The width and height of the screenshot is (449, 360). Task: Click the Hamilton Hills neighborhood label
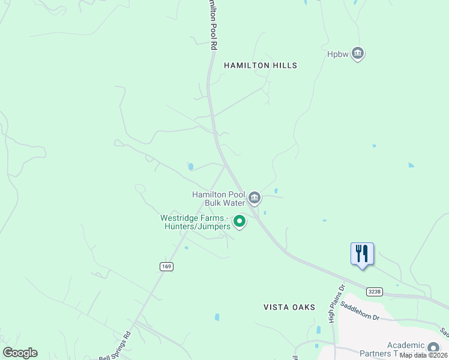(x=261, y=65)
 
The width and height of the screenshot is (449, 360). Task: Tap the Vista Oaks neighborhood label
(x=289, y=307)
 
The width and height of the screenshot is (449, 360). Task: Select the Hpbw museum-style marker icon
(x=358, y=54)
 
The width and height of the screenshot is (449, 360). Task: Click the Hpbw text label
(x=338, y=54)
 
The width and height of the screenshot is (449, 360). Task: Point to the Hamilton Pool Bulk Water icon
(x=255, y=197)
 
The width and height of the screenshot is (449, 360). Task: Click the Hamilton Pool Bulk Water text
(x=218, y=199)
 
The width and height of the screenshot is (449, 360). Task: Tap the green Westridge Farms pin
(x=240, y=222)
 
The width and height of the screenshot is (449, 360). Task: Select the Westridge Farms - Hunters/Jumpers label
(x=195, y=222)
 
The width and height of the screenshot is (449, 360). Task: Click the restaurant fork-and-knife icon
(x=362, y=253)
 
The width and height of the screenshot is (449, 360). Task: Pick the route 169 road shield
(x=167, y=266)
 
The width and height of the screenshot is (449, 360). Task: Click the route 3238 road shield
(x=374, y=292)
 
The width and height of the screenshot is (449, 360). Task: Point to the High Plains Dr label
(x=336, y=304)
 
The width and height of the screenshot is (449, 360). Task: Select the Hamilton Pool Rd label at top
(x=211, y=24)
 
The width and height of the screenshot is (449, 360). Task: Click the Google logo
(x=20, y=353)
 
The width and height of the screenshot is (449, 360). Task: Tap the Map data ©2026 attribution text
(x=423, y=355)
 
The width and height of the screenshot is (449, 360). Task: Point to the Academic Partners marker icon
(x=433, y=347)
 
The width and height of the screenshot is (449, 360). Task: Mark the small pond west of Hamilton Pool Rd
(x=190, y=167)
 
